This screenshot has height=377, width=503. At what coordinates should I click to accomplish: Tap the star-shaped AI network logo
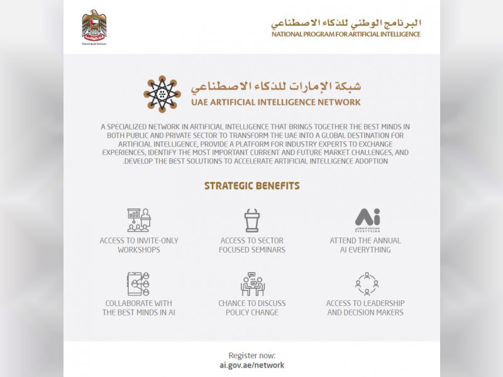pyautogui.click(x=162, y=94)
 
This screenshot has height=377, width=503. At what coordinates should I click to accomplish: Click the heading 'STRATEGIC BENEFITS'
pyautogui.click(x=251, y=186)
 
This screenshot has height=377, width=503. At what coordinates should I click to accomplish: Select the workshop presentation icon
pyautogui.click(x=139, y=220)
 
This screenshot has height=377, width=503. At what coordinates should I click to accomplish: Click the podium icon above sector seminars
pyautogui.click(x=252, y=220)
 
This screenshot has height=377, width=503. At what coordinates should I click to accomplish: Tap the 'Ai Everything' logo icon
pyautogui.click(x=367, y=220)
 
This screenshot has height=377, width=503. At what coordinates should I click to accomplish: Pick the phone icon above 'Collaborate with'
pyautogui.click(x=139, y=283)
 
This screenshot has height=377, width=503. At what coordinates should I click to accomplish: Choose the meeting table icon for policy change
pyautogui.click(x=252, y=283)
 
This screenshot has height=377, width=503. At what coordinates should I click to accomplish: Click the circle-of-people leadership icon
pyautogui.click(x=366, y=283)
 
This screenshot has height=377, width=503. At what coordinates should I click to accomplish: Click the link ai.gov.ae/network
pyautogui.click(x=251, y=365)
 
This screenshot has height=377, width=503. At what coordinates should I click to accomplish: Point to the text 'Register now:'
pyautogui.click(x=251, y=355)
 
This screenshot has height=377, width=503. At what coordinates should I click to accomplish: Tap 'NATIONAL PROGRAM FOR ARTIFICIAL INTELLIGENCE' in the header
pyautogui.click(x=346, y=34)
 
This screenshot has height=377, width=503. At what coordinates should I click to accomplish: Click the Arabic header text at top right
pyautogui.click(x=346, y=23)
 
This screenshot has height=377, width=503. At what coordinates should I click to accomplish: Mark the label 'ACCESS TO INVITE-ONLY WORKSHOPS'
pyautogui.click(x=139, y=245)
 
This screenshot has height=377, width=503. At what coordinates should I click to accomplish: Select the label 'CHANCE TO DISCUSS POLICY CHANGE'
pyautogui.click(x=252, y=308)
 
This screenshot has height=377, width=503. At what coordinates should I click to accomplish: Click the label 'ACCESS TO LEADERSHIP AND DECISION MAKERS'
pyautogui.click(x=365, y=308)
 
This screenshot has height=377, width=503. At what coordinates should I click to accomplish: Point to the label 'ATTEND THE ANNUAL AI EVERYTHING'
pyautogui.click(x=365, y=245)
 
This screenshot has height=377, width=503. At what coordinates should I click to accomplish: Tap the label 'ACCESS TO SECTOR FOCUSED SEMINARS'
pyautogui.click(x=252, y=245)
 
